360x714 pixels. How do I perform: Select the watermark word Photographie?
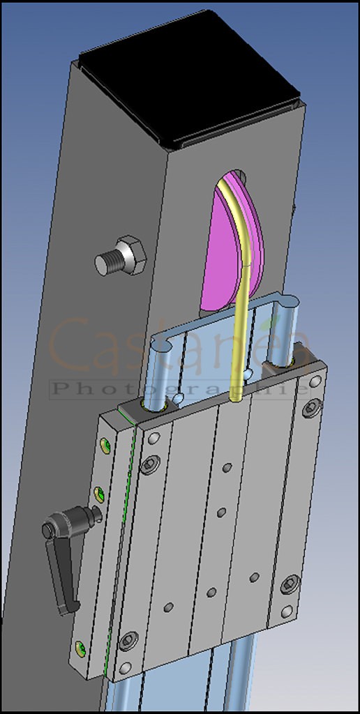click(x=178, y=388)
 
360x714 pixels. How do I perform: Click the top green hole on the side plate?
click(x=105, y=445)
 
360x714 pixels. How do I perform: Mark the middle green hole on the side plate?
click(x=100, y=494)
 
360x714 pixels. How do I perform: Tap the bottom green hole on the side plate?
click(x=82, y=648)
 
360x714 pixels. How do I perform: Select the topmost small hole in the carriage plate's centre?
click(x=227, y=467)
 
